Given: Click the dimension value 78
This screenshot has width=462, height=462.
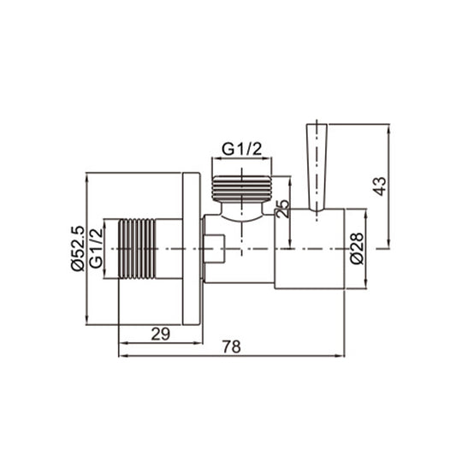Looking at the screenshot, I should pyautogui.click(x=230, y=346).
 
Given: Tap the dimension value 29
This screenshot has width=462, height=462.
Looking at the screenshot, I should pyautogui.click(x=160, y=334).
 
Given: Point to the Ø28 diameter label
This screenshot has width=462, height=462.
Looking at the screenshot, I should pyautogui.click(x=358, y=248).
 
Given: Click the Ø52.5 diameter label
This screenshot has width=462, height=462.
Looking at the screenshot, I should pyautogui.click(x=77, y=248).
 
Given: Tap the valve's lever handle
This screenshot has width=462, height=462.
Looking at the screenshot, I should pyautogui.click(x=316, y=167).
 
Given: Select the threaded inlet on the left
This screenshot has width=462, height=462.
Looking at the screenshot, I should pyautogui.click(x=137, y=248).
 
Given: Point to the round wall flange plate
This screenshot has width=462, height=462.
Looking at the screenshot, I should pyautogui.click(x=192, y=248).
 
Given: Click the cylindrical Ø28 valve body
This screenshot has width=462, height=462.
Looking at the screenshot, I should pyautogui.click(x=310, y=249).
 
